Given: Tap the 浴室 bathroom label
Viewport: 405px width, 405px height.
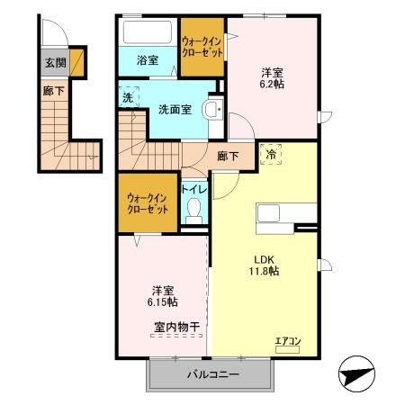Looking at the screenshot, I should [x=148, y=62].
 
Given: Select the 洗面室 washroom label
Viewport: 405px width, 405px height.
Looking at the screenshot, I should [x=171, y=110].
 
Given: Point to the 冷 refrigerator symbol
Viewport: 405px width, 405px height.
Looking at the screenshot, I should [x=270, y=154].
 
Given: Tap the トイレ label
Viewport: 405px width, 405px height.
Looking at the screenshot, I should [x=193, y=189].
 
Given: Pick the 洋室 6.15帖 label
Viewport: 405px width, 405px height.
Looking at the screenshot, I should [x=163, y=296].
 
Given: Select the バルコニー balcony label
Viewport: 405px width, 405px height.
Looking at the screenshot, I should [x=208, y=373].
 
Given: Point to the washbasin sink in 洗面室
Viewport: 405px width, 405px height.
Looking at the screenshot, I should [x=211, y=110].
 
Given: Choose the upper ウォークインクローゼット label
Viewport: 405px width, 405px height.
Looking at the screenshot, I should [x=202, y=46].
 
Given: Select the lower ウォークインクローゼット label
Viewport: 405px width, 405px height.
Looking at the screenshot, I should [x=147, y=202].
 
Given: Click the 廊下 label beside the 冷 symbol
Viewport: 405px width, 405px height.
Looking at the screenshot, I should [x=229, y=156].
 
